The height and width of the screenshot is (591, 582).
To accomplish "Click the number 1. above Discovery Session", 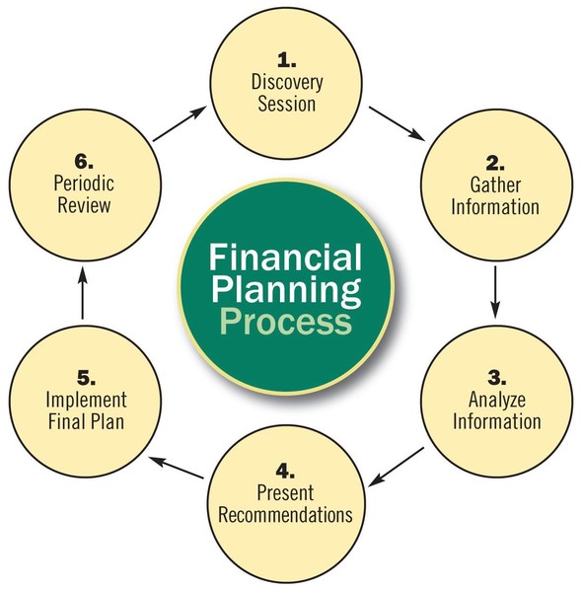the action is tap(286, 60).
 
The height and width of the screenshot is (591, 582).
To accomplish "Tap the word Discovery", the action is tap(287, 83).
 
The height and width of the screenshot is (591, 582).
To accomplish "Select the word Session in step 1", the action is tap(287, 104).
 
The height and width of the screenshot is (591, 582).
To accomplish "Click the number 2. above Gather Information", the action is tap(495, 163).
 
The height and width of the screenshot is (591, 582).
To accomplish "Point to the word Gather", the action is tap(495, 185).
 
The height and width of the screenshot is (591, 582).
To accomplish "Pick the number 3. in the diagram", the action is tap(497, 377).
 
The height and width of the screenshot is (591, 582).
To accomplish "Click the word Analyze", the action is tap(497, 400).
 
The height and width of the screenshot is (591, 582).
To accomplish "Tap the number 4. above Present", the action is tap(285, 471).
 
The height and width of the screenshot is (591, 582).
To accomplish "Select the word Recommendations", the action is tap(286, 514).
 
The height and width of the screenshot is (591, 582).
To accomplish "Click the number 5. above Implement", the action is tap(87, 378).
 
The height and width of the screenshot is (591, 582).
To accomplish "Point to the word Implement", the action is tap(87, 400).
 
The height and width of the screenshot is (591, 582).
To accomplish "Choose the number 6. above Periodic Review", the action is tap(84, 162).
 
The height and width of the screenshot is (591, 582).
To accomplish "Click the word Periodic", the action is tap(84, 184).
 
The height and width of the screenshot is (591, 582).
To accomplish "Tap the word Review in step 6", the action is tap(84, 205).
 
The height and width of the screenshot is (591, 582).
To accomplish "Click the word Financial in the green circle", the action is tap(285, 257).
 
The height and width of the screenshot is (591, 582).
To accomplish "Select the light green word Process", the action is tap(286, 322).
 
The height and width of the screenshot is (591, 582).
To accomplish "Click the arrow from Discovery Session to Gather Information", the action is tap(398, 124).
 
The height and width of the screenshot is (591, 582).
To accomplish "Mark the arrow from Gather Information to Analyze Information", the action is tap(495, 292).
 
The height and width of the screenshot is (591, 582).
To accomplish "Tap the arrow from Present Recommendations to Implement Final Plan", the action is tap(177, 468).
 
